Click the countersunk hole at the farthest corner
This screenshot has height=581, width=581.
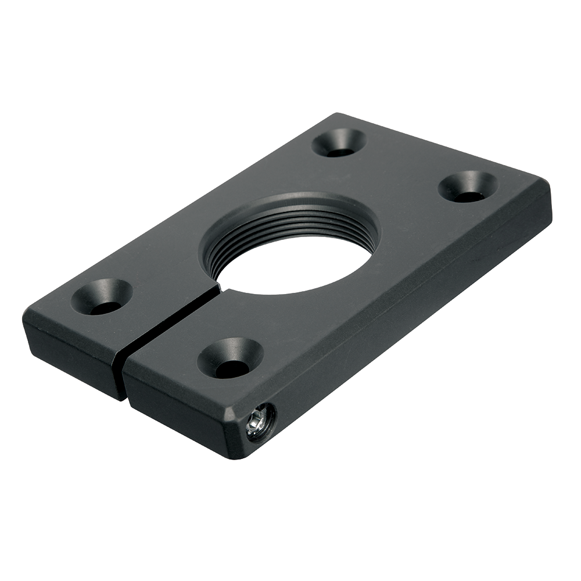(339, 144)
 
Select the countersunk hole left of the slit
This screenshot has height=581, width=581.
(102, 297)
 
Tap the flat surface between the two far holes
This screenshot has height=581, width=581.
(401, 163)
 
